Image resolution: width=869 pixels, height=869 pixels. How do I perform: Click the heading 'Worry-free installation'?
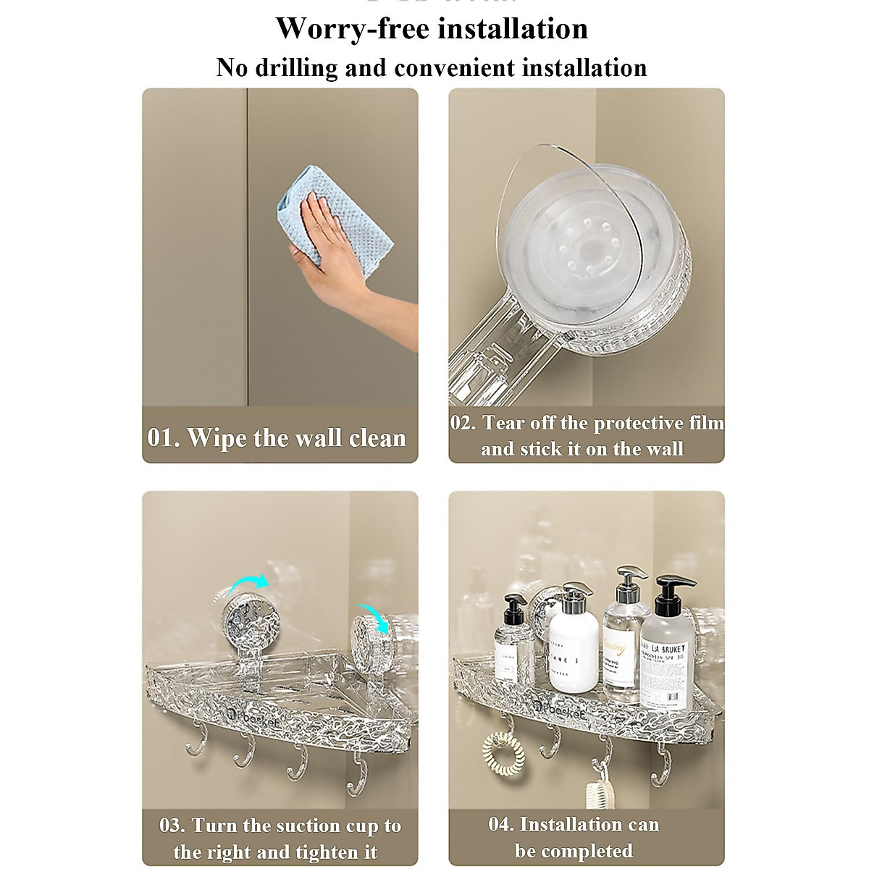tap(432, 29)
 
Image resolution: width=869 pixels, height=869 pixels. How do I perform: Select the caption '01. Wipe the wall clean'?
tap(277, 438)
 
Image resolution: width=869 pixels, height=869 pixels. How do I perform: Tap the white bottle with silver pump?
tap(572, 641)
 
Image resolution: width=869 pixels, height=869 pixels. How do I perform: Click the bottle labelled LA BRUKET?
tap(663, 641)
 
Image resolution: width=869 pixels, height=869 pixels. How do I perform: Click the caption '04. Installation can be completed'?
tap(574, 837)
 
